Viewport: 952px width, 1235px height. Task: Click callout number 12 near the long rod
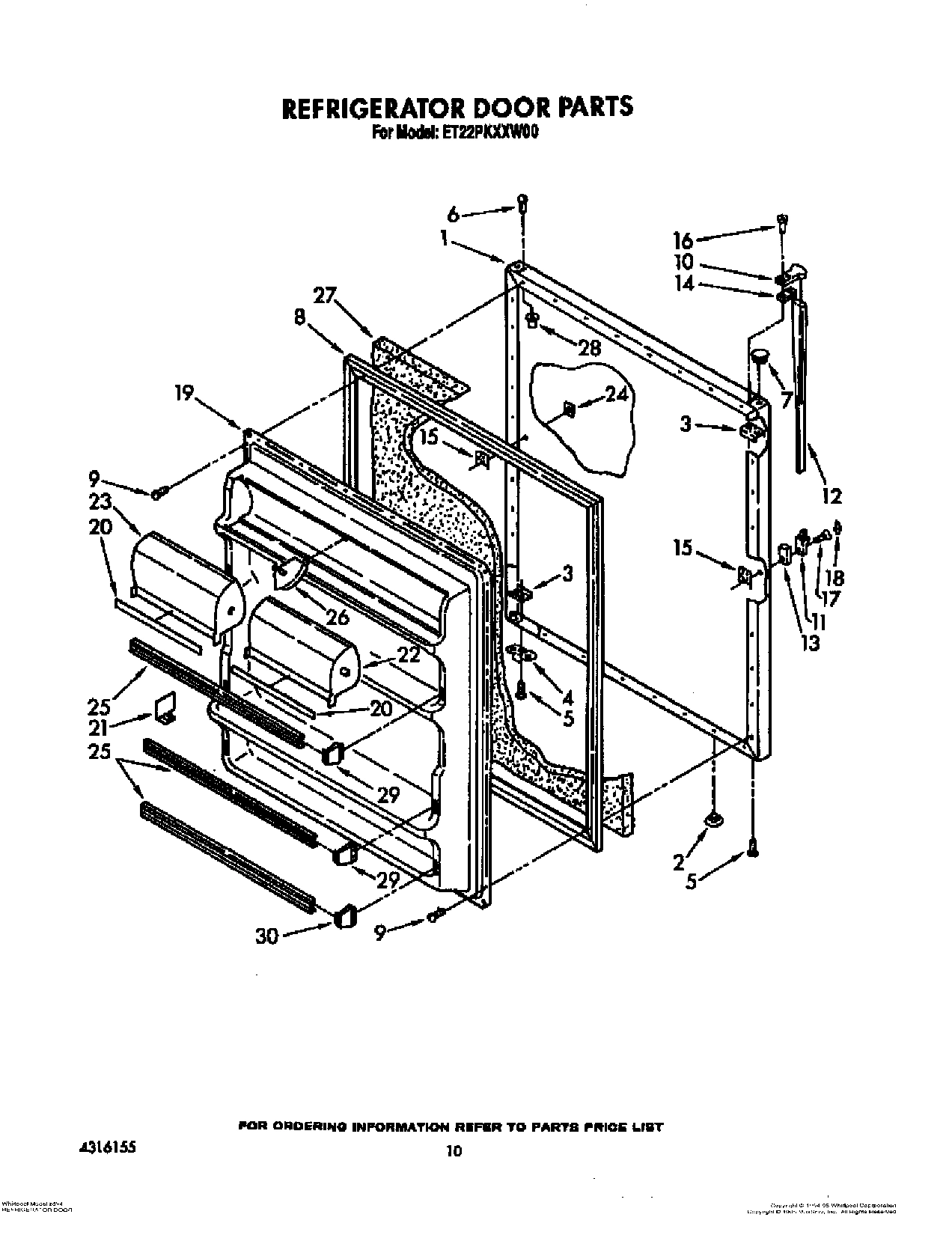(832, 495)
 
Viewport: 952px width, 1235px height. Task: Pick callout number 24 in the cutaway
(616, 394)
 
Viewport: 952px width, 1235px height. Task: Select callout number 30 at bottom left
(268, 936)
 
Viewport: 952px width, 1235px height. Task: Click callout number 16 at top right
(683, 240)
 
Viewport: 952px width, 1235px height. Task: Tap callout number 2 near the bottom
(678, 863)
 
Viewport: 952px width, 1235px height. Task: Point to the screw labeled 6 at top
(523, 202)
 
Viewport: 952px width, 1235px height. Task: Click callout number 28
(590, 347)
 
